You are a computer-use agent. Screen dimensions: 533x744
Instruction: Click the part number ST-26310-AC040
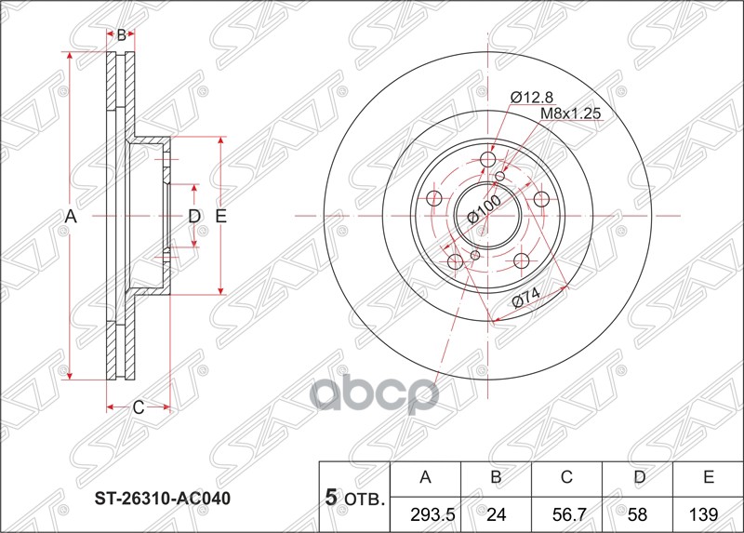[x=163, y=499]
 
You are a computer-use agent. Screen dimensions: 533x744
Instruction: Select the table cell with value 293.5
[x=426, y=513]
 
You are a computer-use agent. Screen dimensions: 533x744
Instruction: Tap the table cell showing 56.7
[x=566, y=513]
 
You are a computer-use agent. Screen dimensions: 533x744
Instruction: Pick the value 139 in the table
[x=708, y=513]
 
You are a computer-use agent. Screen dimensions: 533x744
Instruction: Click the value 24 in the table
[x=496, y=513]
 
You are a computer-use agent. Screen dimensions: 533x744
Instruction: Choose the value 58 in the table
[x=637, y=513]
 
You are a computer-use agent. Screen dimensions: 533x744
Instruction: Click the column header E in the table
[x=708, y=478]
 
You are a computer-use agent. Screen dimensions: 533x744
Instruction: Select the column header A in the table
[x=426, y=478]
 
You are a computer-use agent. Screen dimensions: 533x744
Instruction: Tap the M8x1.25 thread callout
[x=572, y=113]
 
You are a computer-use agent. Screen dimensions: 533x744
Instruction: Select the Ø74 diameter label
[x=527, y=300]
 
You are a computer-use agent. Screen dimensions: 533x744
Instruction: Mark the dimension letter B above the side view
[x=121, y=35]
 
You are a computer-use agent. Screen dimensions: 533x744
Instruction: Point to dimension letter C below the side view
[x=138, y=406]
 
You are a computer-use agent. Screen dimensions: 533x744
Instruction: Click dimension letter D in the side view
[x=194, y=217]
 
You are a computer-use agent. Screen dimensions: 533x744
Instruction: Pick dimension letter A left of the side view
[x=69, y=217]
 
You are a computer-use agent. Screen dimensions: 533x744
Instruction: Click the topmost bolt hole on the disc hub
[x=489, y=162]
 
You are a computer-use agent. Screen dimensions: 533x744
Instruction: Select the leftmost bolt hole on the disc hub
[x=434, y=198]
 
